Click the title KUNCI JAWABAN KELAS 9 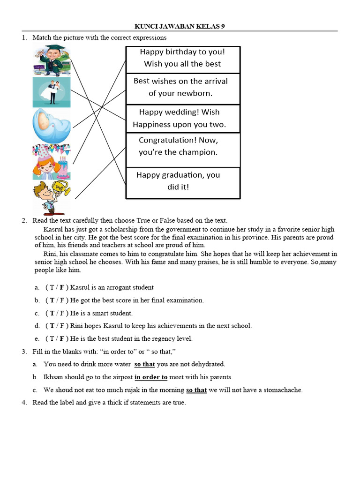pyautogui.click(x=180, y=27)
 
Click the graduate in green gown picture pyautogui.click(x=51, y=60)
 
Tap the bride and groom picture pyautogui.click(x=52, y=92)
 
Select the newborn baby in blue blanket pyautogui.click(x=51, y=126)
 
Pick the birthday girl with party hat pyautogui.click(x=51, y=162)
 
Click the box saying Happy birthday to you pyautogui.click(x=183, y=58)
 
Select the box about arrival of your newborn pyautogui.click(x=183, y=87)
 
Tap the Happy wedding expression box pyautogui.click(x=183, y=118)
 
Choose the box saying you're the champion pyautogui.click(x=183, y=146)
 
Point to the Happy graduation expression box pyautogui.click(x=183, y=181)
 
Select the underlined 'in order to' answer pyautogui.click(x=151, y=377)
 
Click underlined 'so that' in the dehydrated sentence pyautogui.click(x=144, y=364)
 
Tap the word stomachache pyautogui.click(x=282, y=390)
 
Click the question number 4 pyautogui.click(x=24, y=402)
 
